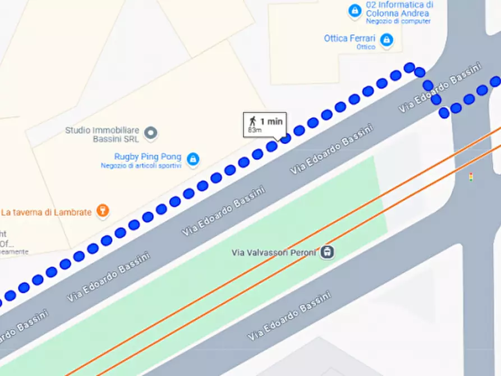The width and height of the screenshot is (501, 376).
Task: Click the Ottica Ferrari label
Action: click(350, 39)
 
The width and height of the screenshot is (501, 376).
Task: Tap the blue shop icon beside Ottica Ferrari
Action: click(386, 40)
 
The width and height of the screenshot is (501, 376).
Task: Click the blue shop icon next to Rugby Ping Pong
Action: click(192, 159)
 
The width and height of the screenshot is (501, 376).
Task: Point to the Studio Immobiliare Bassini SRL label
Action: click(102, 135)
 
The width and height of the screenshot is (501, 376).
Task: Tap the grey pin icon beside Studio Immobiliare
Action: click(150, 134)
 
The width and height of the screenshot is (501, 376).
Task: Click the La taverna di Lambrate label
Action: click(46, 212)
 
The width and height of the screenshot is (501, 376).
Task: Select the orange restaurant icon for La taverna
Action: click(102, 211)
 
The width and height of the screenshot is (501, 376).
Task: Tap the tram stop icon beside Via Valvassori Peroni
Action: click(328, 253)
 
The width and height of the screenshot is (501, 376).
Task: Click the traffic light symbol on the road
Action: click(471, 177)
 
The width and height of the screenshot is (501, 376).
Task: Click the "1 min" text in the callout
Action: click(272, 121)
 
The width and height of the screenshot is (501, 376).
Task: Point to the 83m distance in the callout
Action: click(255, 130)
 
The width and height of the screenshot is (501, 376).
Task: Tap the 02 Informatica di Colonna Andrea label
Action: click(399, 8)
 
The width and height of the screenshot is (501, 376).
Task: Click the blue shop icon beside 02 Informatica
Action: click(355, 10)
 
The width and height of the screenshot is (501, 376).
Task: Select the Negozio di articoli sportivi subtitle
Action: click(141, 166)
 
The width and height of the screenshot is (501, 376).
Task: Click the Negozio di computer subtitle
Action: click(398, 21)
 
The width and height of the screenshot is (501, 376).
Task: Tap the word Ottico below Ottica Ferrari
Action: click(366, 47)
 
